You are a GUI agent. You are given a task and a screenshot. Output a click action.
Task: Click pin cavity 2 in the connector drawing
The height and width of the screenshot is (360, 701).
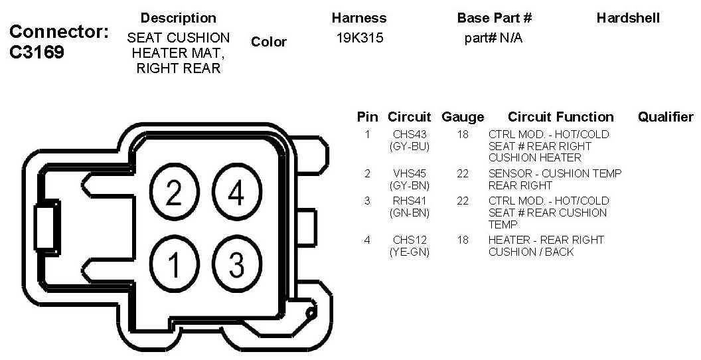(173, 194)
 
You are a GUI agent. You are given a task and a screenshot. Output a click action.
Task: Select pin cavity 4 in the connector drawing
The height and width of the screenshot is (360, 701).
(236, 194)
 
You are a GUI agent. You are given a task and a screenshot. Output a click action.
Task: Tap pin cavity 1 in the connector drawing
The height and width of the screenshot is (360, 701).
(173, 264)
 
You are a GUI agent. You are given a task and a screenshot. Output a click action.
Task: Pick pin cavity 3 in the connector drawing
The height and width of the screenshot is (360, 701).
(236, 264)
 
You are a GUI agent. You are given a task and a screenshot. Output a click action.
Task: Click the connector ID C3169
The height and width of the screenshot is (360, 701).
(37, 52)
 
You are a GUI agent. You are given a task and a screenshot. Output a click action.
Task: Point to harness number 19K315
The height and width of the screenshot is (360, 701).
(360, 39)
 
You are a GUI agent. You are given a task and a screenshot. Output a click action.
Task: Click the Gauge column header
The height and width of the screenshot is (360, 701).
(463, 118)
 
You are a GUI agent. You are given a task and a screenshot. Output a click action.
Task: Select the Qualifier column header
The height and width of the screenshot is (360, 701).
(665, 117)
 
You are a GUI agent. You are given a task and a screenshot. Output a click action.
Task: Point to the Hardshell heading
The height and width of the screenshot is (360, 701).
(628, 18)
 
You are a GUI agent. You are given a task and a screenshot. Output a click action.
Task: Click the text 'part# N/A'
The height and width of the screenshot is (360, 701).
(493, 39)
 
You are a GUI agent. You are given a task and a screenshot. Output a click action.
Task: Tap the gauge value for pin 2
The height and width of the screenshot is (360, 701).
(463, 173)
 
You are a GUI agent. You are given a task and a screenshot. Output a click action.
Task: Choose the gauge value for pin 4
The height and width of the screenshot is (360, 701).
(463, 240)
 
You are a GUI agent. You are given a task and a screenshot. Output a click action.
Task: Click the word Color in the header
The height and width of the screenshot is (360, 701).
(269, 42)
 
